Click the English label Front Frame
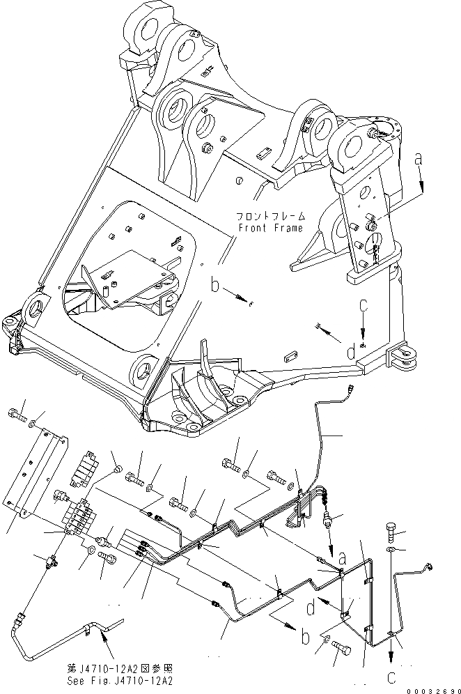(x=270, y=228)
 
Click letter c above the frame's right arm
(x=363, y=307)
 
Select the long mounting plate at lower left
(x=38, y=474)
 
